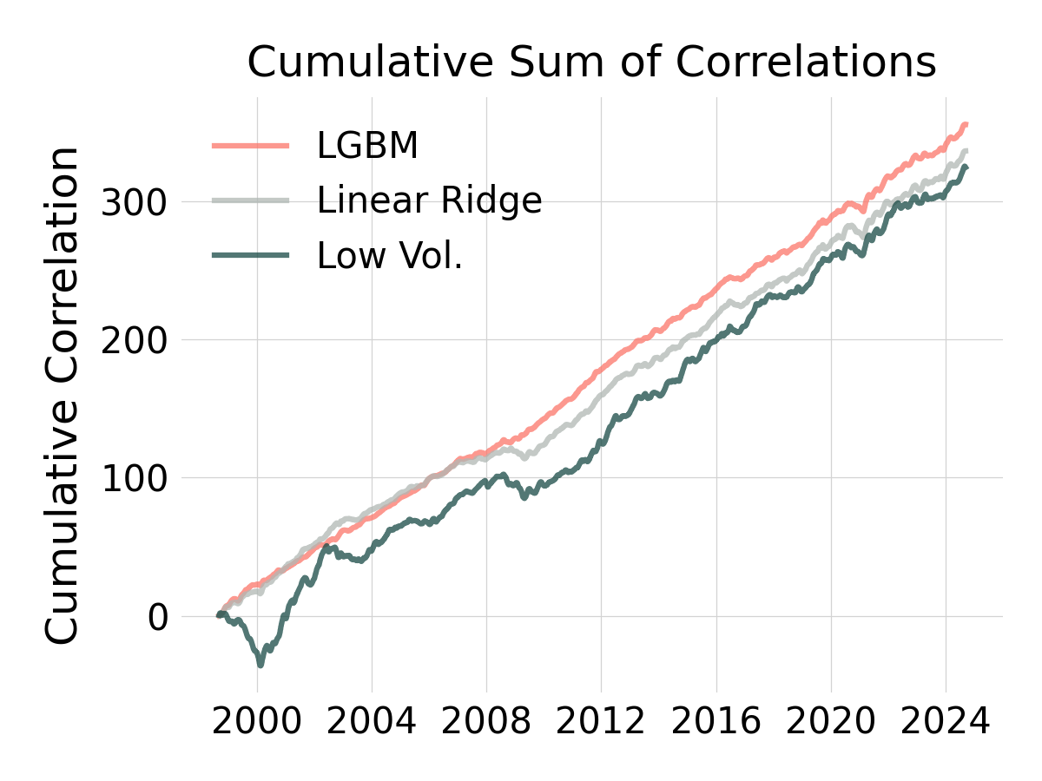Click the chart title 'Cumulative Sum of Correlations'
591,62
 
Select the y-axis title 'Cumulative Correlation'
63,396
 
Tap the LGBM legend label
367,146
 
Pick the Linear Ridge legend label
429,200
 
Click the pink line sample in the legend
251,146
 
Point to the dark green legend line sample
251,255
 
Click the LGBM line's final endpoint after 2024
966,125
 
